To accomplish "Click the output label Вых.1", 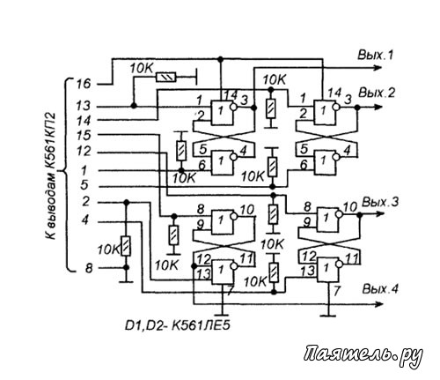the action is click(375, 55).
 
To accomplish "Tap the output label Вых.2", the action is click(377, 93).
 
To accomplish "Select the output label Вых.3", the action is click(380, 202).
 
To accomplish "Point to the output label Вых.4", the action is click(380, 289).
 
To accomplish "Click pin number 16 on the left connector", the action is click(84, 84).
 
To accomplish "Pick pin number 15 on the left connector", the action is click(84, 136).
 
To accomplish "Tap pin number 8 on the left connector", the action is click(89, 268).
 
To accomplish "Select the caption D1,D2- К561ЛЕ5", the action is click(178, 325).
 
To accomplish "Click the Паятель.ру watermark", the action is click(363, 354).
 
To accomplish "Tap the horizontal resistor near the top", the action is click(166, 78).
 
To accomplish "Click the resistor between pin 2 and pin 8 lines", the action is click(126, 246).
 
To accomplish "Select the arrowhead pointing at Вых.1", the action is click(378, 68).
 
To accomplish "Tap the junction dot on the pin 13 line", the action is click(134, 106).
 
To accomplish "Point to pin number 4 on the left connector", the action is click(84, 220).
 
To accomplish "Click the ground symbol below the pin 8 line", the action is click(126, 282).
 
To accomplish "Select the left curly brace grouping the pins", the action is click(68, 175).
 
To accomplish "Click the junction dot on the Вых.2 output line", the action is click(357, 108).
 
